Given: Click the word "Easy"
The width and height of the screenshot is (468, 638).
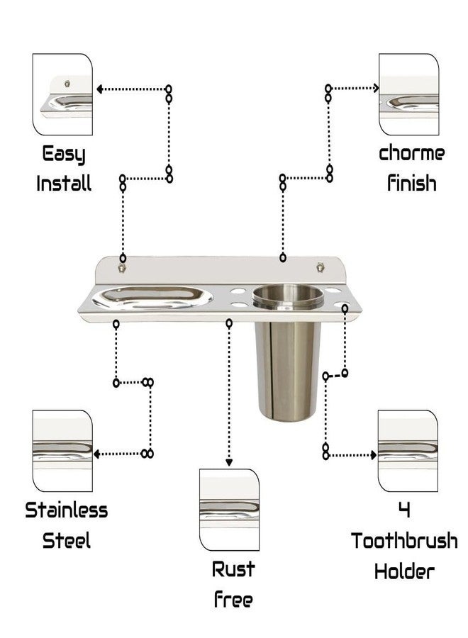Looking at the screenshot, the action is (64, 155).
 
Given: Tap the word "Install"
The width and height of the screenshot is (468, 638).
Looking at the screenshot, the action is (64, 183).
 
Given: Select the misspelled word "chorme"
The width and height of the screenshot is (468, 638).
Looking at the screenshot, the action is (411, 153).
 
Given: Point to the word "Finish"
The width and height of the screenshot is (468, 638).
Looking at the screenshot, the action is (411, 183).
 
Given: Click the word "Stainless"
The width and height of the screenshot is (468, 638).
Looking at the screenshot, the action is (67, 510).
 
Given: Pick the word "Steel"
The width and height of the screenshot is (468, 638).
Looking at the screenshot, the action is (67, 540).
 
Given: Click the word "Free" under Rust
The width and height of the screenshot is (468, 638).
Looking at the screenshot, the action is (233, 599).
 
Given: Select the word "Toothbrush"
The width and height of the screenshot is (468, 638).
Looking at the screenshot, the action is (404, 541).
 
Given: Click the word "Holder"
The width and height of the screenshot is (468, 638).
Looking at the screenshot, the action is (404, 571).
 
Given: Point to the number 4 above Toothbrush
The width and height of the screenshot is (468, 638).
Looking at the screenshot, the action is (404, 510).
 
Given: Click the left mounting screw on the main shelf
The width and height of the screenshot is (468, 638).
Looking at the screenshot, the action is (121, 268).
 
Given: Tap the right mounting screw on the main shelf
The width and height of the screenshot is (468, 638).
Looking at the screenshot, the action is (321, 267).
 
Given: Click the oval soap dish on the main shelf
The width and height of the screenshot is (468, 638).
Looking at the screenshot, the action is (152, 298).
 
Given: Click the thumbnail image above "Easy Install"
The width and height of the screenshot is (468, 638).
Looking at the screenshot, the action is (62, 94).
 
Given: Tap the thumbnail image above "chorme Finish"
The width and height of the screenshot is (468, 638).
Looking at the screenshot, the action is (409, 94).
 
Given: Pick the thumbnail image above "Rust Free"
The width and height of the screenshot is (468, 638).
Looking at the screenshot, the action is (229, 510).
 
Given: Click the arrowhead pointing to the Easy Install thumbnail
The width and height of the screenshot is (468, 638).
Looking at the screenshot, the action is (99, 89).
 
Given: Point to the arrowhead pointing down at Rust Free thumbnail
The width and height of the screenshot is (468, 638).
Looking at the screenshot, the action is (229, 463).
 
